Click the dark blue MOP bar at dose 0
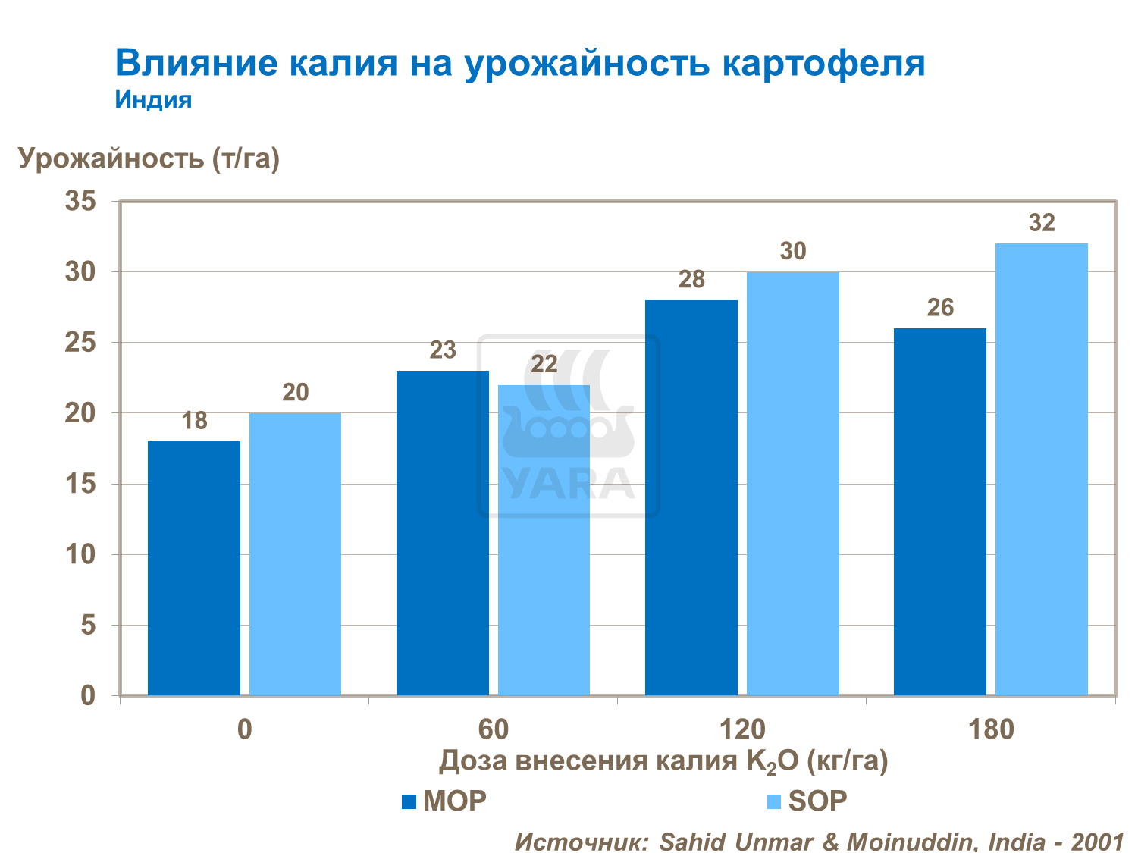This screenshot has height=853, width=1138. (x=193, y=569)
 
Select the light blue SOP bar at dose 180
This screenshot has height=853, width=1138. (x=1041, y=470)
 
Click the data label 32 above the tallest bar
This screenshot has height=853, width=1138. (x=1042, y=223)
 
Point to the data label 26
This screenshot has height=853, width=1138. (x=940, y=308)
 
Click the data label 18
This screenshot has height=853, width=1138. (x=194, y=421)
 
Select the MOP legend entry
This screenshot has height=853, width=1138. (x=444, y=801)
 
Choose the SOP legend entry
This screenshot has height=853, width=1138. (x=807, y=801)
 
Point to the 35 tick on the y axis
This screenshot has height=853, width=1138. (x=80, y=202)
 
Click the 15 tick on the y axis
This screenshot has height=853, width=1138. (x=80, y=484)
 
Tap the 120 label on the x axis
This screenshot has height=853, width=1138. (x=741, y=729)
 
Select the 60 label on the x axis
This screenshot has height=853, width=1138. (x=493, y=729)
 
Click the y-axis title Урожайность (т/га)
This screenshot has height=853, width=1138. (x=149, y=158)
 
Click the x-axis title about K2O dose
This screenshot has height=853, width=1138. (x=663, y=761)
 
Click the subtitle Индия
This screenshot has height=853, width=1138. (x=153, y=100)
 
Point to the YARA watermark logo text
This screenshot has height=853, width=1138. (x=569, y=483)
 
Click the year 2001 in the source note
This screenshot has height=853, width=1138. (x=1096, y=842)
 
